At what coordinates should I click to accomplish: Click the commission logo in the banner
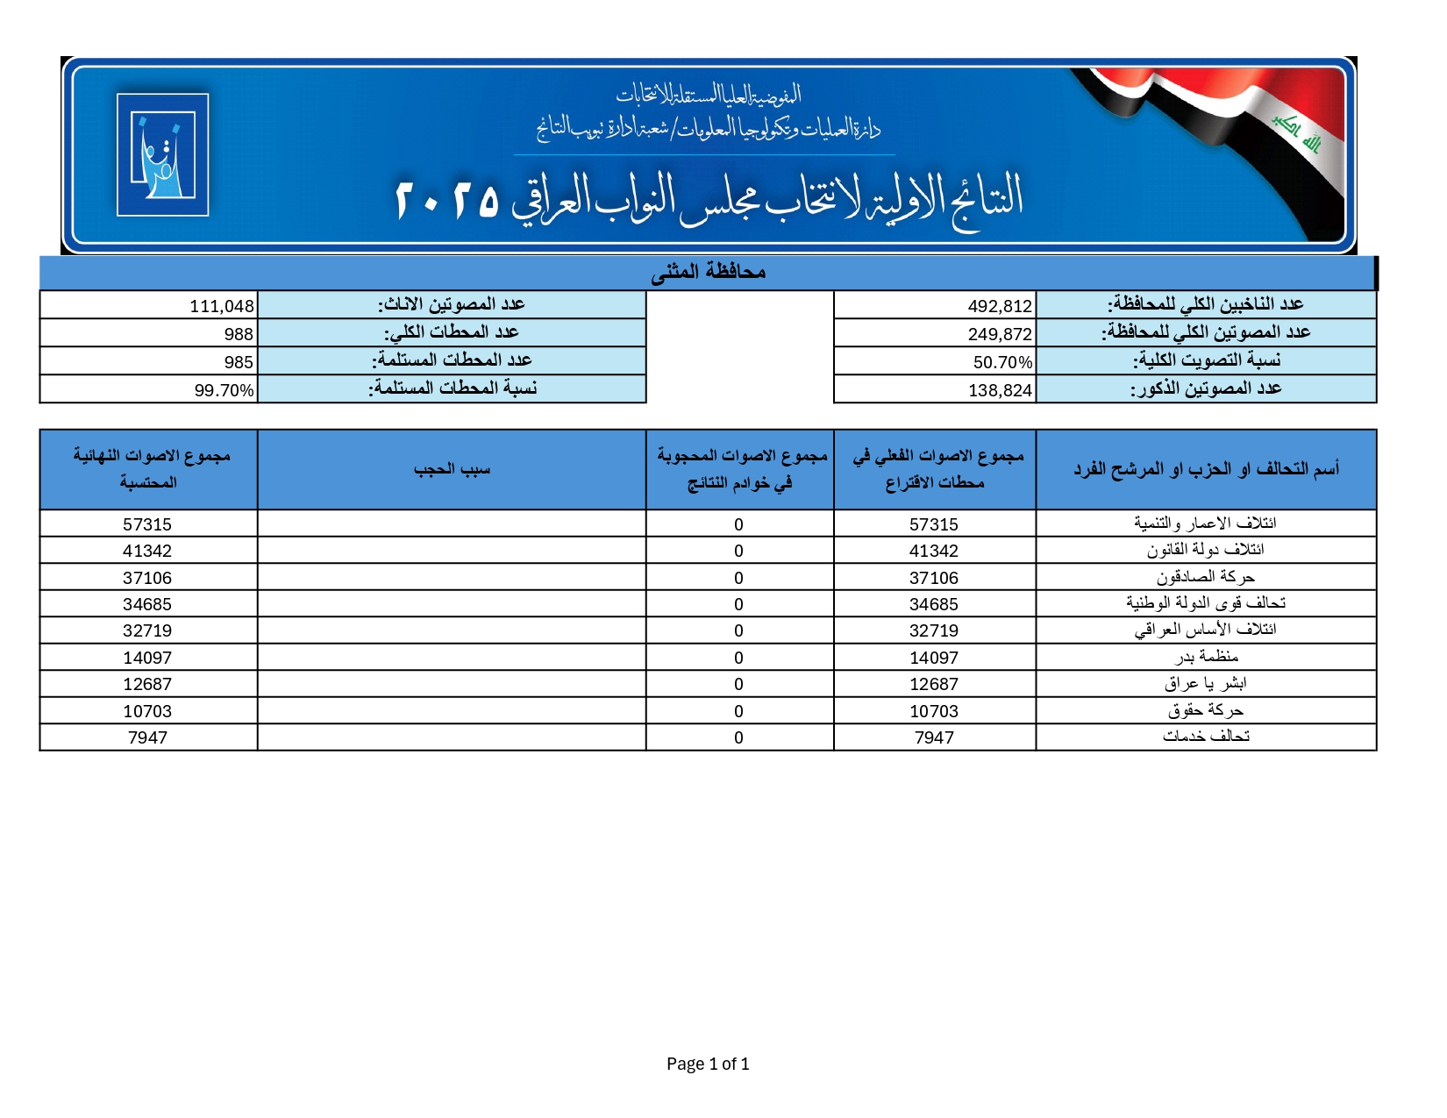point(162,154)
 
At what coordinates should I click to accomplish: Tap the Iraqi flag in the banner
point(1245,132)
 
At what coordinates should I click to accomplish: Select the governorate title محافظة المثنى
point(708,273)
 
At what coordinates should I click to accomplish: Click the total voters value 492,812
point(999,306)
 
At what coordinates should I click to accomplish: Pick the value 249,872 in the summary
point(999,334)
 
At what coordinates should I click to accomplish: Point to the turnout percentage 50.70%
point(1001,362)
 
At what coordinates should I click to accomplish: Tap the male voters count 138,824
point(999,390)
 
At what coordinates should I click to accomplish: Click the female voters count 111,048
point(221,306)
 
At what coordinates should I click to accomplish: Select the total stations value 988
point(238,334)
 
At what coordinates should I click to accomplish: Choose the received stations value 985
point(238,362)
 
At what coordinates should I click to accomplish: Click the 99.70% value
point(224,390)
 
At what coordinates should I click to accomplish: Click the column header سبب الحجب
point(452,470)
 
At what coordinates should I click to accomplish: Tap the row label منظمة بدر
point(1206,657)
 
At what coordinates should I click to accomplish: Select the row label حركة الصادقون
point(1205,577)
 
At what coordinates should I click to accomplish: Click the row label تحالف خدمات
point(1206,737)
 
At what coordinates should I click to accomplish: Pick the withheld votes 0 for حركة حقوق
point(738,711)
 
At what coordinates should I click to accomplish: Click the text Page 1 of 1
point(708,1064)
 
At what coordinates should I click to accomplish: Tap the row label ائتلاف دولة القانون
point(1205,550)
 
